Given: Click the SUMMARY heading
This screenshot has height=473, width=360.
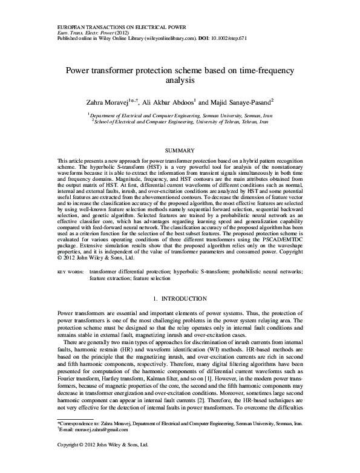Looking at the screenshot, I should pos(179,149).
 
